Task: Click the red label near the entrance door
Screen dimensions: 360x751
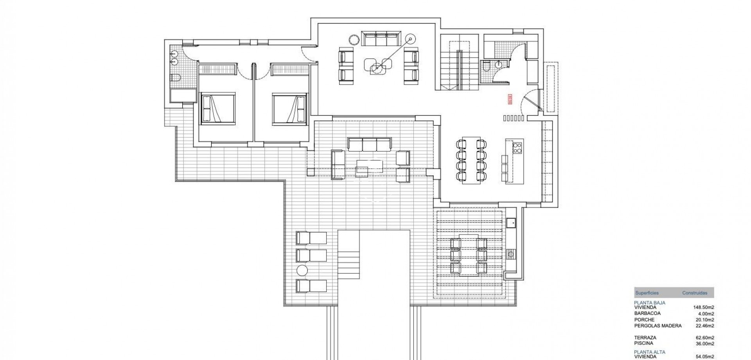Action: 510,99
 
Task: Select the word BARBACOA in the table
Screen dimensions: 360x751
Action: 647,313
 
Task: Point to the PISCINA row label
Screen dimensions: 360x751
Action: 644,344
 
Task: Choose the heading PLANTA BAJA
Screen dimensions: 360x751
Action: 650,302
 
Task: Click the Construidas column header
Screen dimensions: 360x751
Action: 695,293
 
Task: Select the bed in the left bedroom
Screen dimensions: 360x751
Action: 218,108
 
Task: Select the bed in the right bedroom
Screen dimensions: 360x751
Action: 289,108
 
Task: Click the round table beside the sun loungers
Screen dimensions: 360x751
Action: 302,270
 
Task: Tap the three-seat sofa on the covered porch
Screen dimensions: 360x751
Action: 369,144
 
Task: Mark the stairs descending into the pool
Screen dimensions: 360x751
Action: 348,265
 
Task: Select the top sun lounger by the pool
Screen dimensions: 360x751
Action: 311,238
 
